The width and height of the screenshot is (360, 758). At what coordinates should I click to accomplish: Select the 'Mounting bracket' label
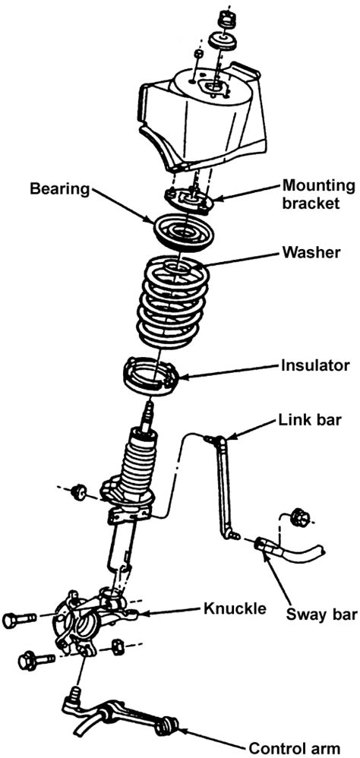[x=318, y=193]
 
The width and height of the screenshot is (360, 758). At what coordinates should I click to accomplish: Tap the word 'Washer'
[x=311, y=251]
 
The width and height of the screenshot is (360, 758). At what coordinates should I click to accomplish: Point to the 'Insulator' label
[x=314, y=365]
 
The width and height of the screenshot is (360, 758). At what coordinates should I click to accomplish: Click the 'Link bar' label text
[x=311, y=420]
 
